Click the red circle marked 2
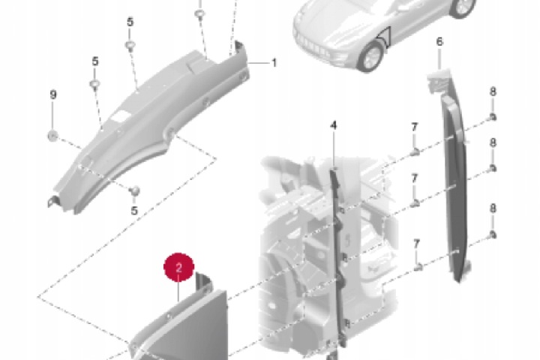tap(178, 267)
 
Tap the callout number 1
tap(274, 63)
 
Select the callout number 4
tap(333, 125)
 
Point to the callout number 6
tap(439, 42)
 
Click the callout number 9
tap(53, 94)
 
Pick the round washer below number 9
tap(52, 136)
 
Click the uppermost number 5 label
tap(130, 22)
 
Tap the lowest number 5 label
tap(134, 211)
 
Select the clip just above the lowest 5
tap(135, 190)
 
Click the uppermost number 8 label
tap(493, 91)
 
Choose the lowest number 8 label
tap(493, 208)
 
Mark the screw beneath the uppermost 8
tap(493, 117)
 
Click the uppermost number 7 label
tap(414, 127)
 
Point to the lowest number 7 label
tap(416, 244)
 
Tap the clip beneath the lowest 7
tap(418, 266)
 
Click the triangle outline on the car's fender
tap(385, 37)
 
